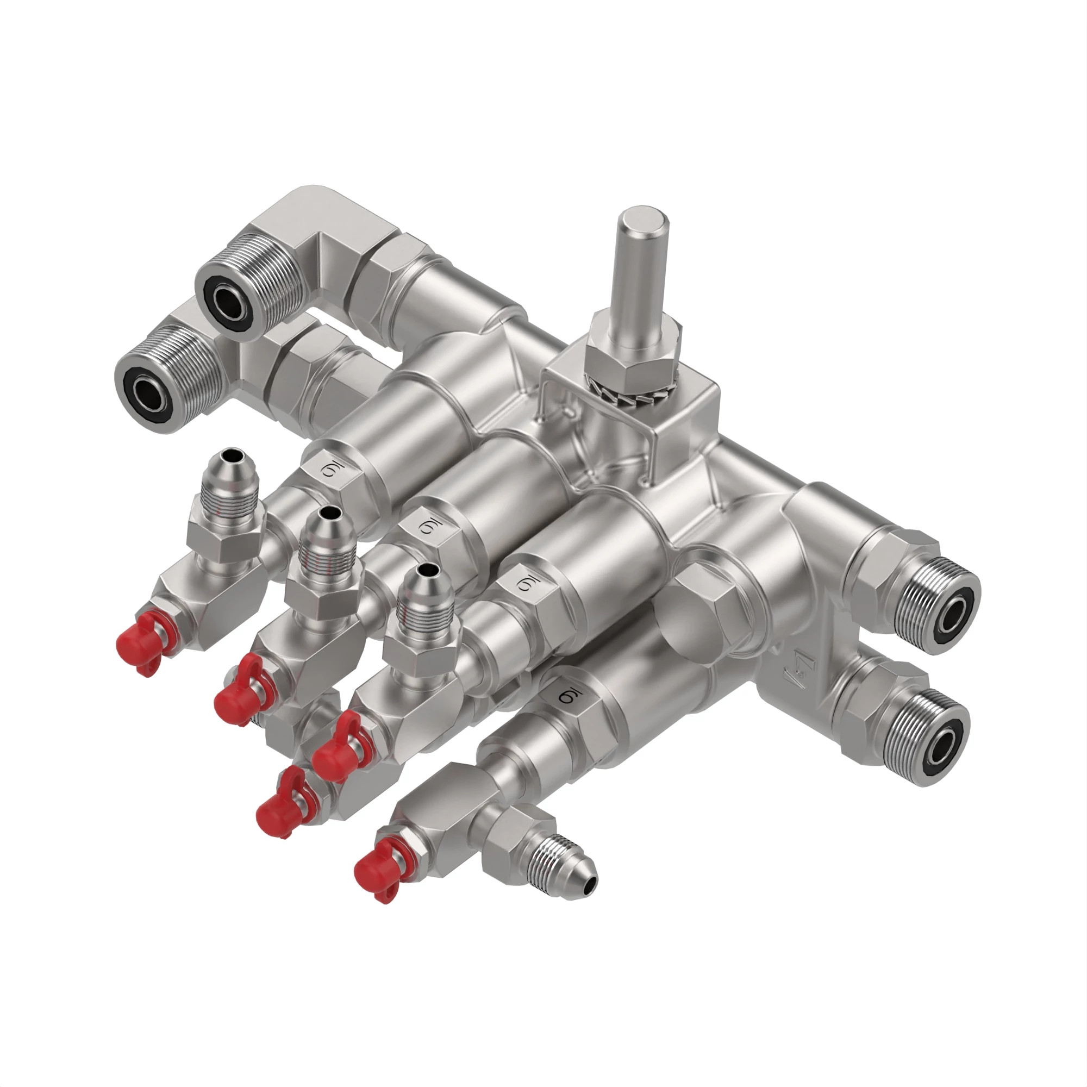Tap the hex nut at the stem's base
pos(630,354)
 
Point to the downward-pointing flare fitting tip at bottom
pos(588,888)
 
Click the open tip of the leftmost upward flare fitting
pos(233,453)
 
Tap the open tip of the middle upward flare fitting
pos(329,513)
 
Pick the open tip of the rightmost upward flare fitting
pos(427,572)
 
